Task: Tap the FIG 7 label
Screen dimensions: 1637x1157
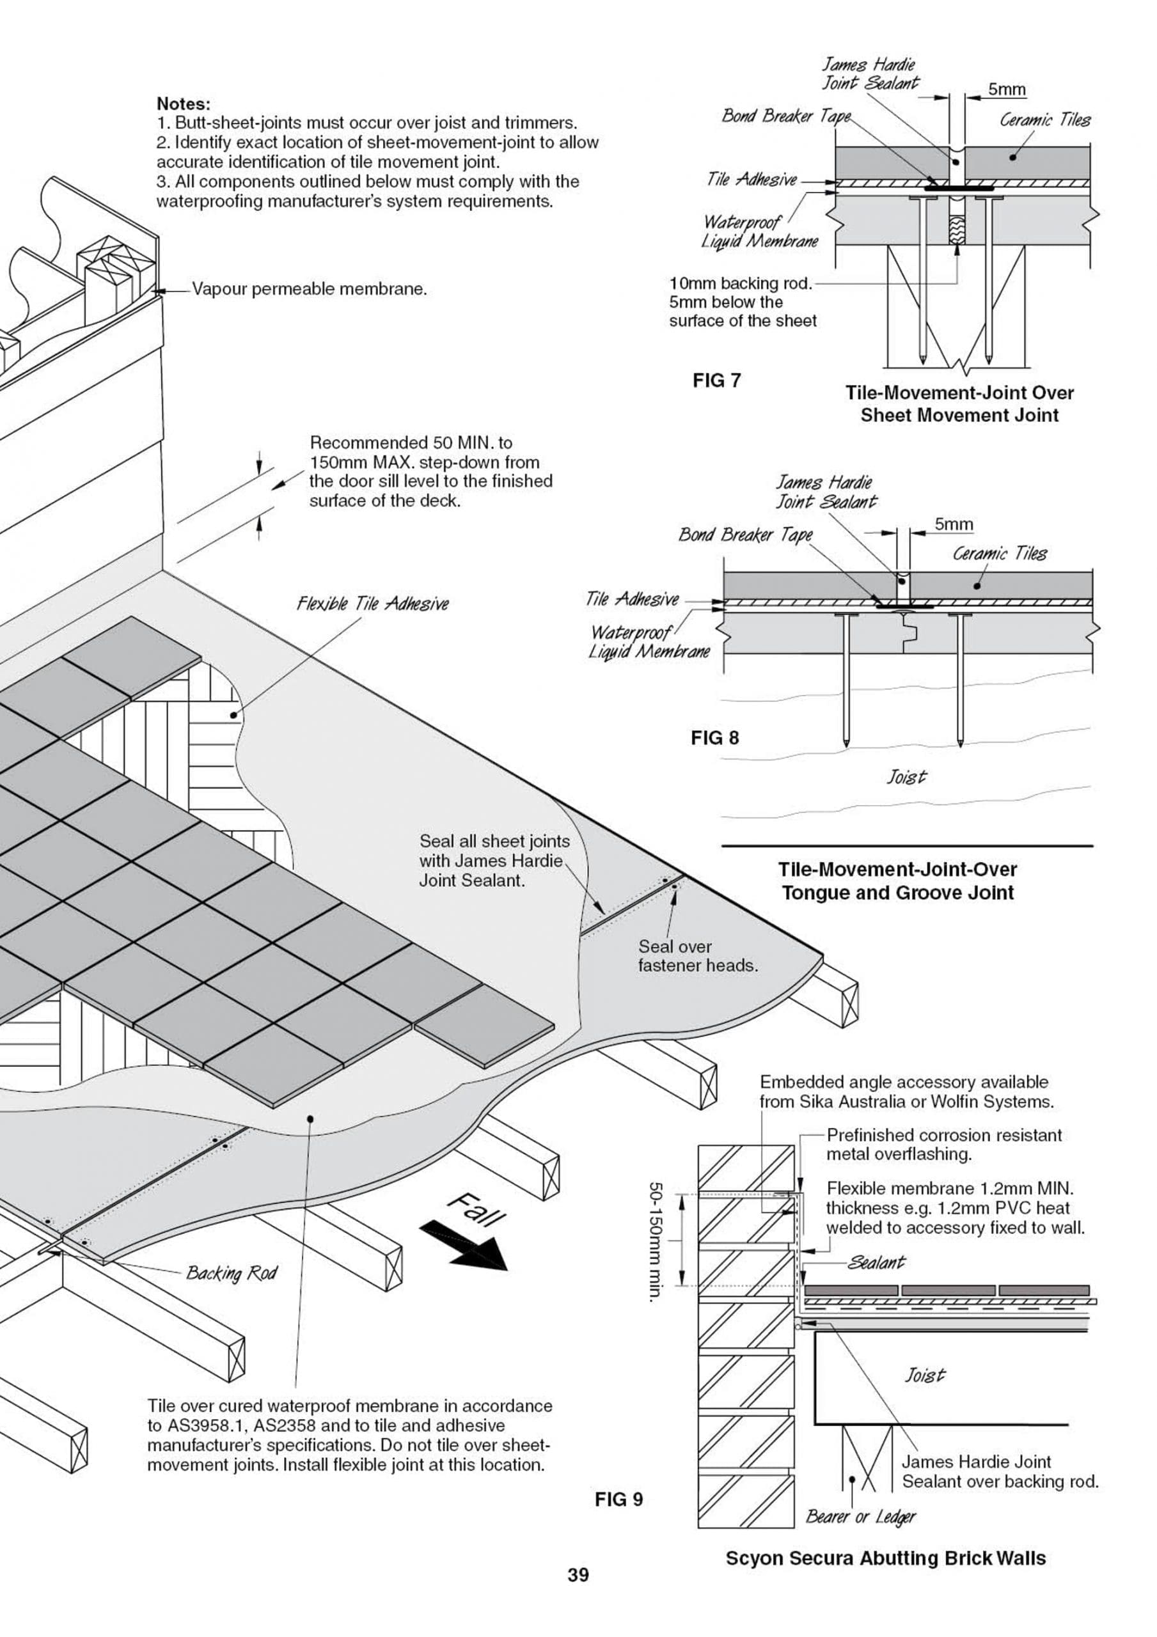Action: pyautogui.click(x=716, y=380)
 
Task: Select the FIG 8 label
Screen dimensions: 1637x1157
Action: pyautogui.click(x=715, y=738)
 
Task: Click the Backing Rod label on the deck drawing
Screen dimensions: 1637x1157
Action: pyautogui.click(x=231, y=1273)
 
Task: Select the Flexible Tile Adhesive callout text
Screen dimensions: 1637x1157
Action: pyautogui.click(x=372, y=604)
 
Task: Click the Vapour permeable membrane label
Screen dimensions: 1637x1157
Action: pyautogui.click(x=310, y=290)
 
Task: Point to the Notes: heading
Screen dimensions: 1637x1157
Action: pyautogui.click(x=184, y=104)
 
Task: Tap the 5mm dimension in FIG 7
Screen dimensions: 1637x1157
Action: pyautogui.click(x=1007, y=90)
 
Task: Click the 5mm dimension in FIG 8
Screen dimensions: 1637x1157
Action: pyautogui.click(x=954, y=525)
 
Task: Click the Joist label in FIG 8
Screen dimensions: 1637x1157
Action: pyautogui.click(x=906, y=776)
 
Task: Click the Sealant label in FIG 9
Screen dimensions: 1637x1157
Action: pyautogui.click(x=876, y=1263)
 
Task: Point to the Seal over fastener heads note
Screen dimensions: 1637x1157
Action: pyautogui.click(x=697, y=955)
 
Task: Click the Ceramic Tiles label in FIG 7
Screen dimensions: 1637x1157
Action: pyautogui.click(x=1044, y=120)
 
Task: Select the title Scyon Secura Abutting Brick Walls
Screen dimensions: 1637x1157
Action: pyautogui.click(x=885, y=1558)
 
